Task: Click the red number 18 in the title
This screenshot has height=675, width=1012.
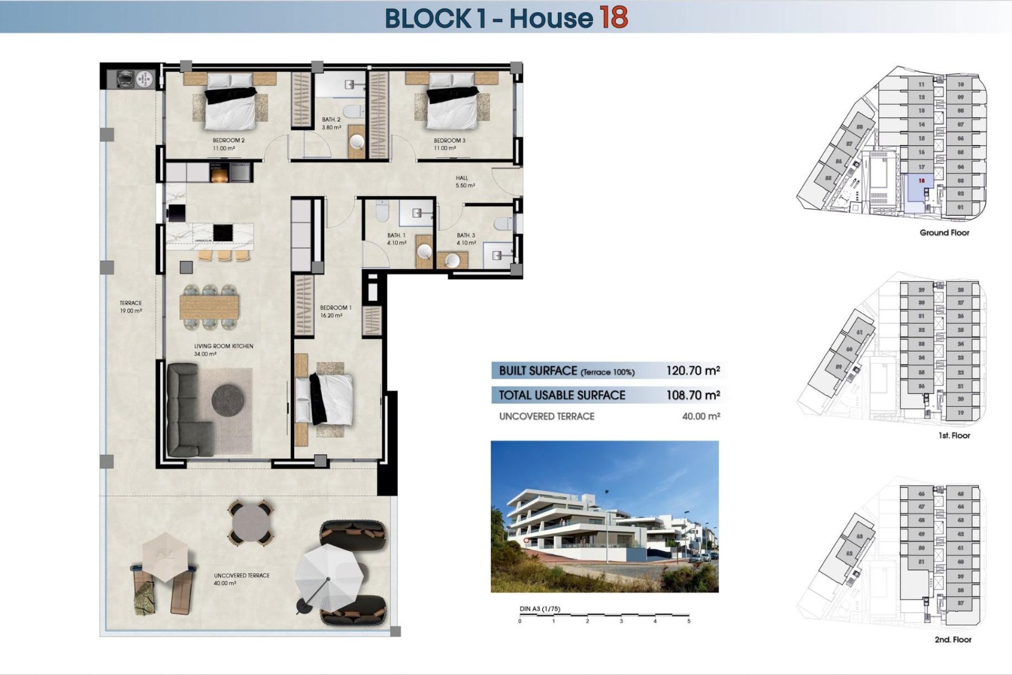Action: pos(612,17)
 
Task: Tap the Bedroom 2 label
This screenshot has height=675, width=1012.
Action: pos(228,144)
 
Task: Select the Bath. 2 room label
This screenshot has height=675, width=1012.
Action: pos(331,123)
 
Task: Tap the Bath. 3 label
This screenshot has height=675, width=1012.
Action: pos(466,239)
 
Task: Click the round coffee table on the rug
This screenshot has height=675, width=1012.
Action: pos(228,401)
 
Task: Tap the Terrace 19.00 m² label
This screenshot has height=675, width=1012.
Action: pos(130,307)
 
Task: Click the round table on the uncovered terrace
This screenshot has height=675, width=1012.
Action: pos(251,523)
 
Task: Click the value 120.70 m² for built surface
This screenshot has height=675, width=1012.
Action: pos(693,371)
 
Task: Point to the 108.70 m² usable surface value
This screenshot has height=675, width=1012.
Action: pos(693,395)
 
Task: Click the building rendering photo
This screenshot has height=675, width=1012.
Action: pos(605,516)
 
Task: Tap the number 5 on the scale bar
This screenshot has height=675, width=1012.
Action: pos(688,621)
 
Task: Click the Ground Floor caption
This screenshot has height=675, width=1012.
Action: pos(944,233)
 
